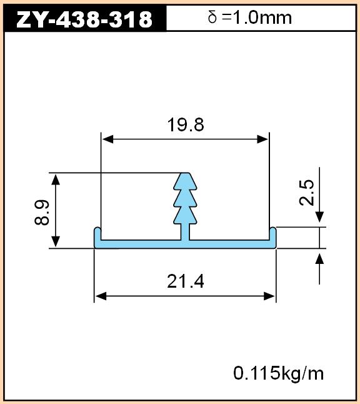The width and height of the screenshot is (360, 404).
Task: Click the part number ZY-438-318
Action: coord(84,19)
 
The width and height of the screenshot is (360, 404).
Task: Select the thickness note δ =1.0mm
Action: coord(250,18)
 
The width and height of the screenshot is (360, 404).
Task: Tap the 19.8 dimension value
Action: coord(186,124)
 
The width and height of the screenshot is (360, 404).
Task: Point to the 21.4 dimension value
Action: coord(186,281)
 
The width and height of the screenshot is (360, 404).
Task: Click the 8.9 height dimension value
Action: coord(42,212)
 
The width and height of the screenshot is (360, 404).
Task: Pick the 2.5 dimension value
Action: coord(306,193)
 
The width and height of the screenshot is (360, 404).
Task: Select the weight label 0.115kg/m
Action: coord(278,373)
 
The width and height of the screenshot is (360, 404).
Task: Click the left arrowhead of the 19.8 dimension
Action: coord(107,139)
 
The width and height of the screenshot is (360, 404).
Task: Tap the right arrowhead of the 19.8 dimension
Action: coord(262,139)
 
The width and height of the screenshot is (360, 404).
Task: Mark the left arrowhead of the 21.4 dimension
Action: coord(101,296)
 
